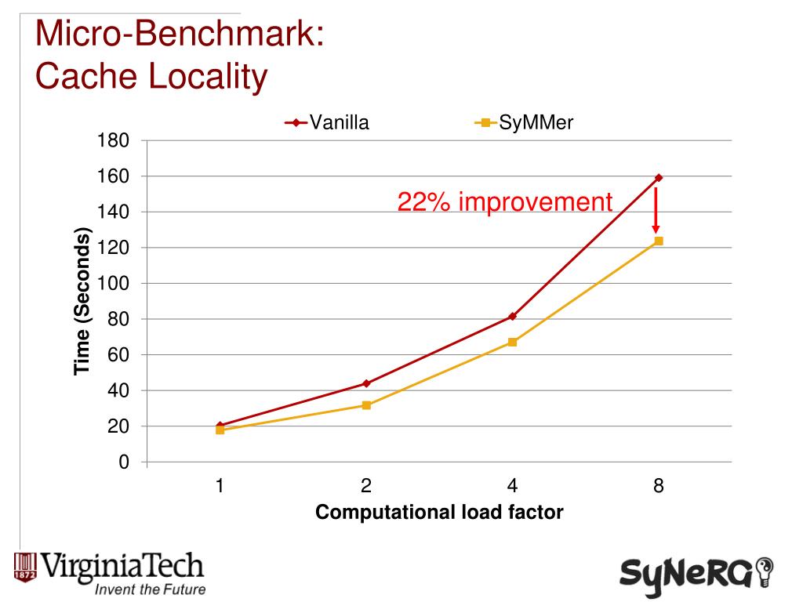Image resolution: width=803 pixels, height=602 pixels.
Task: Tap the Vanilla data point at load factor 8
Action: tap(659, 178)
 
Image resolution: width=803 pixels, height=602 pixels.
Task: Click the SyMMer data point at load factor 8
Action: tap(659, 241)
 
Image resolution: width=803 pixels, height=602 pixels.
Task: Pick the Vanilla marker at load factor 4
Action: tap(512, 316)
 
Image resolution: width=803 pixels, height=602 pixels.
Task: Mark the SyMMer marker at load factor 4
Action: tap(512, 342)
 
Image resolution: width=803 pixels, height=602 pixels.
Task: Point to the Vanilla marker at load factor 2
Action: tap(366, 383)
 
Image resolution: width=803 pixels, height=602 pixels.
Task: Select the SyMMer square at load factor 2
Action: tap(366, 405)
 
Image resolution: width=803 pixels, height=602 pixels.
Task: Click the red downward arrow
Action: tap(656, 210)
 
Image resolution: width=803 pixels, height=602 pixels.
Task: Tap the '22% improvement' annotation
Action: tap(504, 202)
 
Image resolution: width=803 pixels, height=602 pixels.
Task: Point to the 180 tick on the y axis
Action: tap(112, 141)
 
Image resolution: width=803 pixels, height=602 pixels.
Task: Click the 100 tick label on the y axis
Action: tap(112, 283)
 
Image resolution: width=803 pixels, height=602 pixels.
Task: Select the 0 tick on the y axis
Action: tap(122, 462)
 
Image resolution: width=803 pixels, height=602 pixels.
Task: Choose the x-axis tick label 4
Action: tap(512, 486)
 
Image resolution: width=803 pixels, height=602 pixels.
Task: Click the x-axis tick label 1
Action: tap(220, 486)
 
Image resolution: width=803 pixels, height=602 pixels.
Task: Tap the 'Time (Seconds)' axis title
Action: tap(82, 302)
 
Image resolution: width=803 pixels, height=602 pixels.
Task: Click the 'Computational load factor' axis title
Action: tap(439, 513)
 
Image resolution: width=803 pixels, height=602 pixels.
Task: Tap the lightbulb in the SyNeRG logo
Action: tap(762, 570)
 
